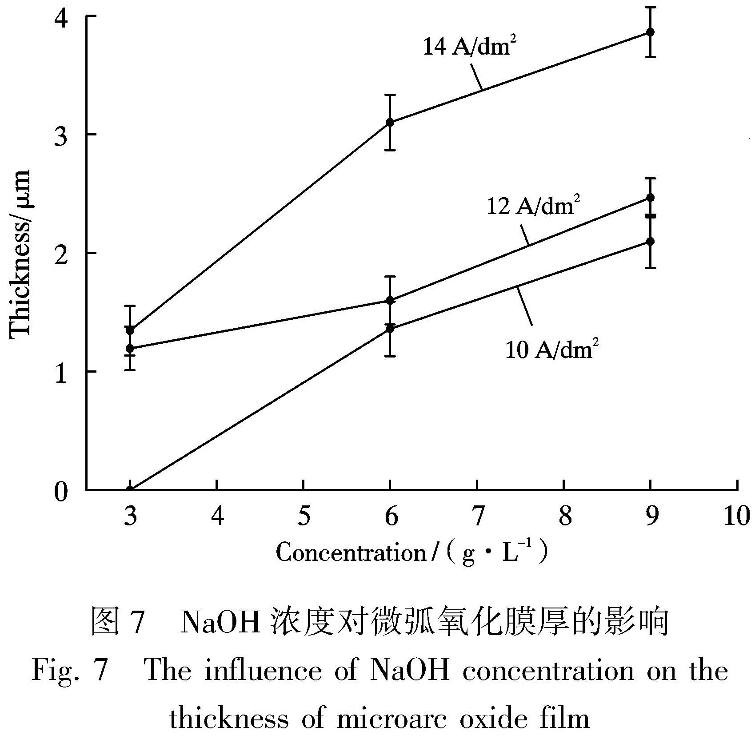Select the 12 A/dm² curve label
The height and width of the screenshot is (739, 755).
click(x=533, y=206)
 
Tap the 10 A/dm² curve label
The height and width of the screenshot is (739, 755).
click(x=551, y=350)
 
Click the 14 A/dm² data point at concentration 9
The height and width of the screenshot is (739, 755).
click(x=650, y=32)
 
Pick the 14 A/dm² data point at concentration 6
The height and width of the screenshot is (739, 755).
click(x=390, y=122)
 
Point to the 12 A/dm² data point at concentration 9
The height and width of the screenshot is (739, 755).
click(x=650, y=198)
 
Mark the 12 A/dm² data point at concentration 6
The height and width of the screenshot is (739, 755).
click(x=390, y=301)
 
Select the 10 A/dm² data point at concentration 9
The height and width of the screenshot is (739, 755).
click(x=650, y=241)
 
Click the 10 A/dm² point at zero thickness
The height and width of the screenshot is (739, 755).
click(x=130, y=490)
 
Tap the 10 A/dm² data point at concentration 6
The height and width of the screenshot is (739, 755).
click(x=390, y=329)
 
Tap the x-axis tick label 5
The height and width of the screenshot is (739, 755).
click(x=304, y=517)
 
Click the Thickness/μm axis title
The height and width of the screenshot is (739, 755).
click(x=20, y=253)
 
